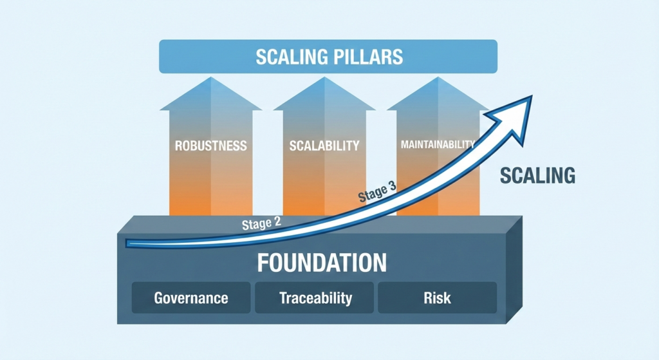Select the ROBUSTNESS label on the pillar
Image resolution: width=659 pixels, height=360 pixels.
pyautogui.click(x=210, y=146)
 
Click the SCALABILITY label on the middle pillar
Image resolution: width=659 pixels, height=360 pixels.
pyautogui.click(x=324, y=146)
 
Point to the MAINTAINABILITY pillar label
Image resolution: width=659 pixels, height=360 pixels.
pyautogui.click(x=438, y=144)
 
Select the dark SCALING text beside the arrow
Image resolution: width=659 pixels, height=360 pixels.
pyautogui.click(x=537, y=175)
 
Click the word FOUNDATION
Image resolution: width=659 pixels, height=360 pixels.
pyautogui.click(x=322, y=263)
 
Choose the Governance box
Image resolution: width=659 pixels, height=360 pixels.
pyautogui.click(x=191, y=298)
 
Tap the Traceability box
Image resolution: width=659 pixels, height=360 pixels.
pyautogui.click(x=315, y=298)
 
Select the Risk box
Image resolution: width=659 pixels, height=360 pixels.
pyautogui.click(x=438, y=298)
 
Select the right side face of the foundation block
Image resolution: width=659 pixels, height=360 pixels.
pyautogui.click(x=513, y=270)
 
